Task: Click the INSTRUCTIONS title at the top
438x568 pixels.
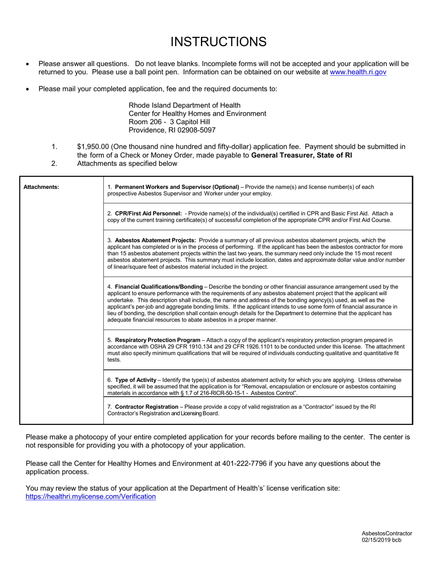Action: [x=219, y=42]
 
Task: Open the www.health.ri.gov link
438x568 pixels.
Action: [x=358, y=72]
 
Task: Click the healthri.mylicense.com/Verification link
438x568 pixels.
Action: [x=91, y=496]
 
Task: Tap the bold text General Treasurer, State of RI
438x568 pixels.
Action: [x=302, y=155]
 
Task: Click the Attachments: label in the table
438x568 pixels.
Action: [x=41, y=187]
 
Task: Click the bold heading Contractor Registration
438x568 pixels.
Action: [x=146, y=407]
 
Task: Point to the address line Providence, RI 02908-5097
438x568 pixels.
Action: [x=172, y=130]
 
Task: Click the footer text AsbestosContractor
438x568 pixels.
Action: [x=386, y=533]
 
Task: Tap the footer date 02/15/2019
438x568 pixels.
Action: [x=376, y=540]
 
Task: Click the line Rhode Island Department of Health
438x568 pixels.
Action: [x=184, y=105]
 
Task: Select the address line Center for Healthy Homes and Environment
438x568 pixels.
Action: [x=197, y=114]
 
